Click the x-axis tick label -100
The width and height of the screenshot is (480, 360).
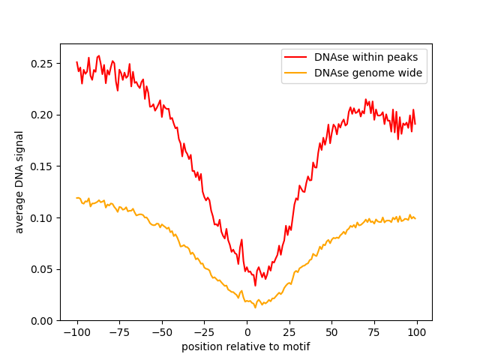coord(76,332)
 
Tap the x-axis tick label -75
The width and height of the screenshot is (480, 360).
coord(119,332)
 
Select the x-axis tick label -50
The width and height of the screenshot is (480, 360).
coord(162,332)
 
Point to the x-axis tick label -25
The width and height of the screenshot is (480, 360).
coord(204,332)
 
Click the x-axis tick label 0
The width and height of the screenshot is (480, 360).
coord(247,332)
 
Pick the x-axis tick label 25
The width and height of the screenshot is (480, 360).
coord(289,332)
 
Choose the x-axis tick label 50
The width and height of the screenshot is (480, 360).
coord(332,332)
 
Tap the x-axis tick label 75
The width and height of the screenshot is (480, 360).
coord(375,332)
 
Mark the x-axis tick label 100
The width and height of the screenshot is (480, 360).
coord(417,332)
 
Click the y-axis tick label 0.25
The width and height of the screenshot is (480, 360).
coord(43,63)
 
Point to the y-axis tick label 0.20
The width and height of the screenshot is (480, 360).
coord(43,115)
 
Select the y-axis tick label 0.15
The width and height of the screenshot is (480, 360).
coord(43,166)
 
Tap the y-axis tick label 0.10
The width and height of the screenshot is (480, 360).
coord(43,217)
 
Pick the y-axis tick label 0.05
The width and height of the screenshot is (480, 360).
coord(43,269)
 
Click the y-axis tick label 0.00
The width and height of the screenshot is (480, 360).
coord(43,321)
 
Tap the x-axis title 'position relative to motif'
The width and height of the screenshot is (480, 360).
coord(246,347)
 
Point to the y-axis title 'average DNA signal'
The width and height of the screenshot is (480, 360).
coord(20,182)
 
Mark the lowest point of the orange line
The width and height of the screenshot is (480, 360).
coord(255,307)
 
